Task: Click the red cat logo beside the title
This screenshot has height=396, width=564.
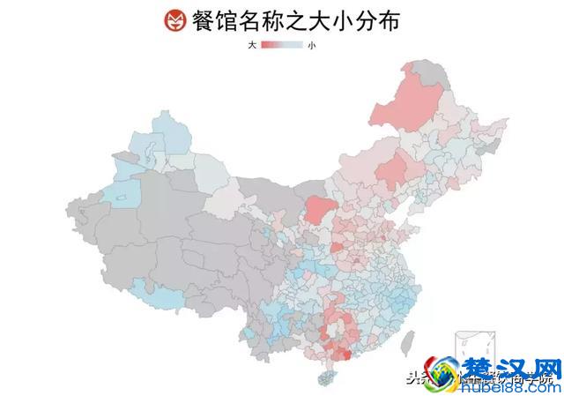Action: (x=175, y=20)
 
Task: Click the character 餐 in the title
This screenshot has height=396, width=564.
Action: (x=206, y=20)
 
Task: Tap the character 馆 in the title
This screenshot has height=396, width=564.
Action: (x=234, y=20)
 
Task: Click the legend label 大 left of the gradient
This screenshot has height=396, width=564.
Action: (x=252, y=44)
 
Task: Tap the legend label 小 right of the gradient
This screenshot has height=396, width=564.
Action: (x=311, y=44)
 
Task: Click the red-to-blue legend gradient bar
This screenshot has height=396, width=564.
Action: (x=282, y=44)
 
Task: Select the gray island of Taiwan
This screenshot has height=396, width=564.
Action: (x=407, y=341)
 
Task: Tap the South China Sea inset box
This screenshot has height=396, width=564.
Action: (x=467, y=348)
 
